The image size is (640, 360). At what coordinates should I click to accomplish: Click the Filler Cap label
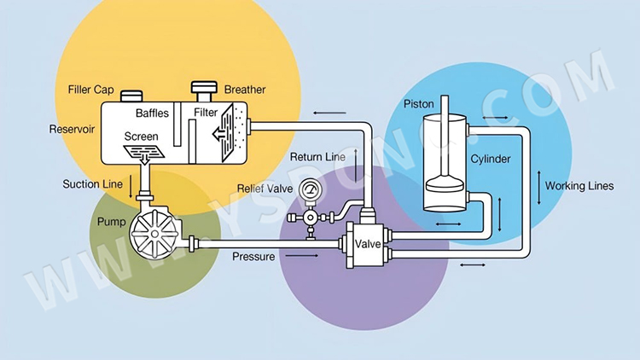pos(92,90)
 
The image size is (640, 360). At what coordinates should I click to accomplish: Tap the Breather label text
pos(245,90)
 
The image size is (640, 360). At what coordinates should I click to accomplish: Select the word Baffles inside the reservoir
pos(152,113)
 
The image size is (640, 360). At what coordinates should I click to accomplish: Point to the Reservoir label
pos(73,130)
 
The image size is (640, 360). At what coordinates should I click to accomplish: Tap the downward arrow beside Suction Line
pos(129,185)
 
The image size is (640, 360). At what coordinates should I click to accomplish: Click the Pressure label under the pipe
pos(253,256)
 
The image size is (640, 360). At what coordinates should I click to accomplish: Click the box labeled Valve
pos(368,245)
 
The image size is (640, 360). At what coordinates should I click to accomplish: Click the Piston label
pos(418,103)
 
